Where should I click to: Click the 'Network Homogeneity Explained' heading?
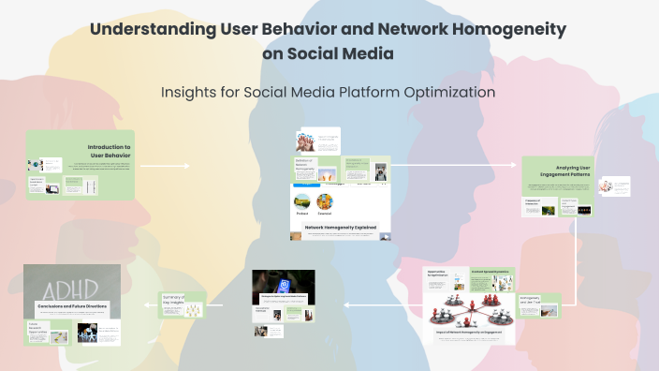(340, 227)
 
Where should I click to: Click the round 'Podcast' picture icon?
(302, 201)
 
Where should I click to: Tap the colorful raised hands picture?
(305, 141)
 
